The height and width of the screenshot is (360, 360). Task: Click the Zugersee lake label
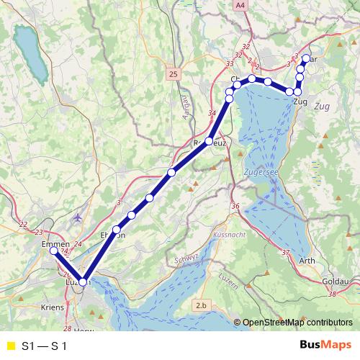tap(261, 174)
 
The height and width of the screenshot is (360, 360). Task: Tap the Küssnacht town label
tap(230, 235)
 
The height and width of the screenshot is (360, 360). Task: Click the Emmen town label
tap(56, 244)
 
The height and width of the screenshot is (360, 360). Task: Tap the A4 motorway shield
tap(239, 5)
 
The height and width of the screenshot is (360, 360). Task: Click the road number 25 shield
tap(174, 73)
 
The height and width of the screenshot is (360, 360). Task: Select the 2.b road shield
tap(201, 307)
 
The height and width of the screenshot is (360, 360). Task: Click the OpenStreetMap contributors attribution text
tap(297, 323)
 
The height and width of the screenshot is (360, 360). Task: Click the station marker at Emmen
tap(53, 251)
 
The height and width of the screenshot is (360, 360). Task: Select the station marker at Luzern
tap(83, 282)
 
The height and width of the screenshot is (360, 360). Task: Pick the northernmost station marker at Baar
tap(307, 58)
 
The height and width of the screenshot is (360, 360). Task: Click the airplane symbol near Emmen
tap(78, 217)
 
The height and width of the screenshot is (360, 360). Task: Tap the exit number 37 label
tap(286, 252)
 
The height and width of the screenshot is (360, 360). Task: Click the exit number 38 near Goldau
tap(332, 294)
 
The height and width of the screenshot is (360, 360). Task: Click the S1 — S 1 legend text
tap(45, 346)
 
